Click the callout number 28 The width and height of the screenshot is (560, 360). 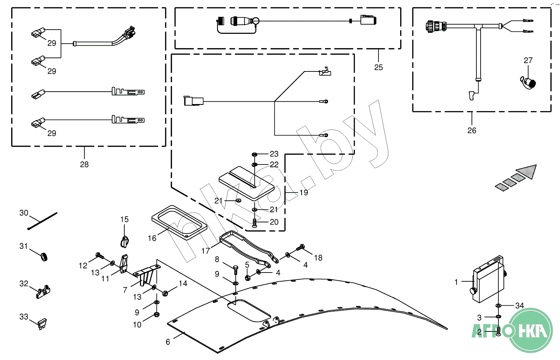point(84,164)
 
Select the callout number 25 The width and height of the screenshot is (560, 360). point(378,68)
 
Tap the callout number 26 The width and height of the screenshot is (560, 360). point(472,130)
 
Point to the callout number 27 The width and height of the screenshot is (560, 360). point(528,61)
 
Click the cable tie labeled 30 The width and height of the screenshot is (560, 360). point(42,221)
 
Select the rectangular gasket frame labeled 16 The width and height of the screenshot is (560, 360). point(179,223)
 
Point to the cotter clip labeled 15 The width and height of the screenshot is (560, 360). point(125,241)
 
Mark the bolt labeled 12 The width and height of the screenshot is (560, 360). point(99,256)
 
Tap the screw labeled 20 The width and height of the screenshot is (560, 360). point(255,223)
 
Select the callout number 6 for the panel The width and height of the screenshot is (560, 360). point(168,342)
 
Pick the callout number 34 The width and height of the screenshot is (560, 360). point(519,306)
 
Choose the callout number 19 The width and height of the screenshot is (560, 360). point(304,193)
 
